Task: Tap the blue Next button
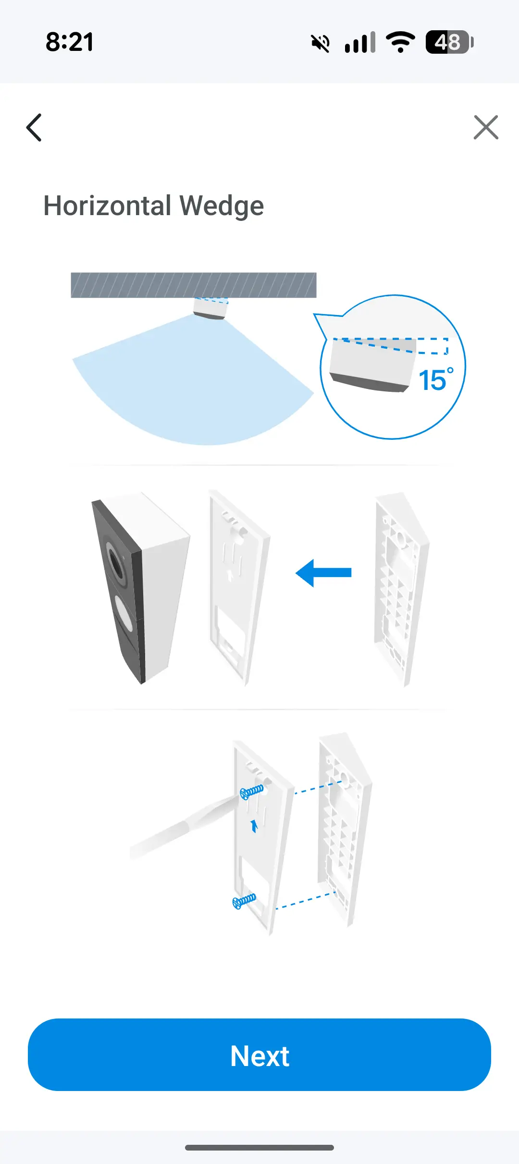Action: click(259, 1055)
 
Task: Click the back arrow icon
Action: click(34, 128)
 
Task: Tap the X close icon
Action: click(486, 127)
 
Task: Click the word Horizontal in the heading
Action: click(108, 206)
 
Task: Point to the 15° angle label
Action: click(436, 380)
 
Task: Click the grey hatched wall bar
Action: click(194, 285)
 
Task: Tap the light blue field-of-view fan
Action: click(192, 384)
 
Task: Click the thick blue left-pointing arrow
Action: click(323, 572)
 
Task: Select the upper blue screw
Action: click(251, 791)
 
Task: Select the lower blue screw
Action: click(244, 901)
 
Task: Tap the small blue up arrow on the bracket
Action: click(254, 826)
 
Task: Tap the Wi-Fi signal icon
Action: click(400, 42)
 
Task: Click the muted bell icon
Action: click(321, 43)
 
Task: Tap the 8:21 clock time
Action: click(70, 42)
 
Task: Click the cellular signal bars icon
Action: click(360, 42)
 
